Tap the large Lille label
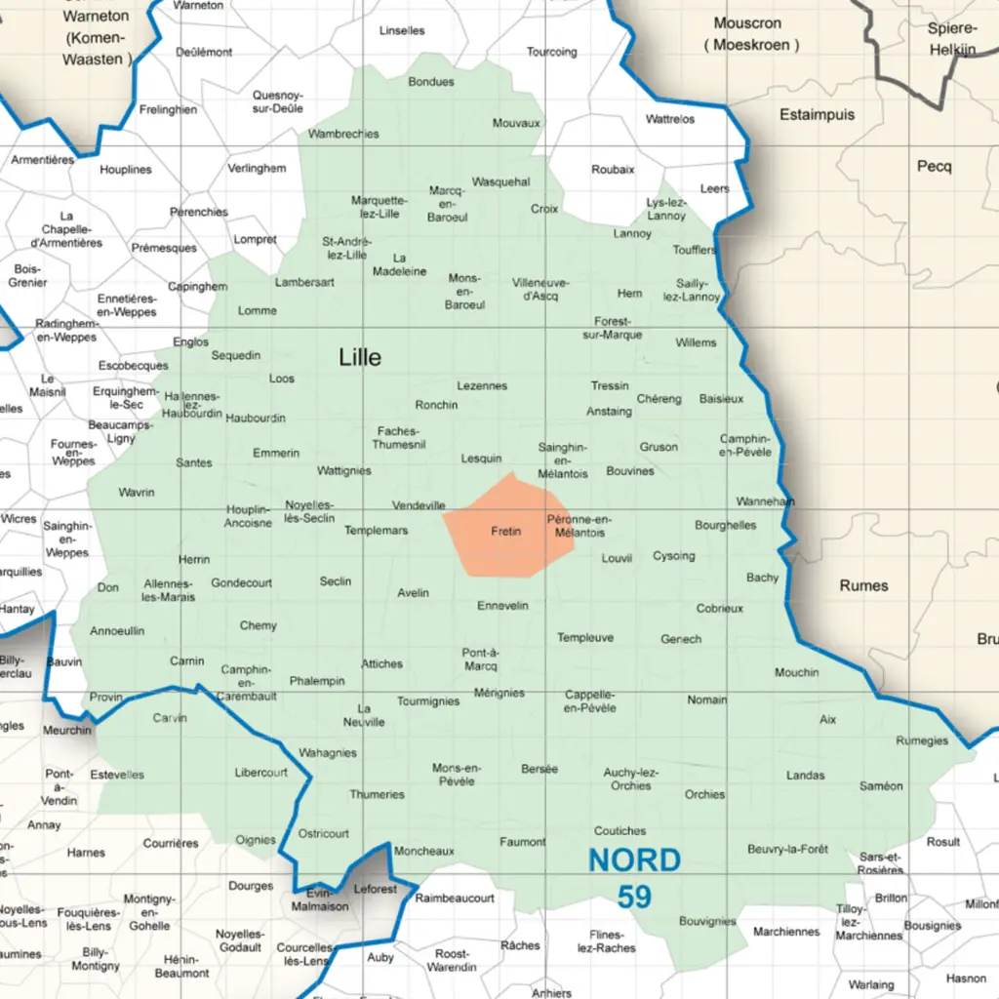tap(360, 357)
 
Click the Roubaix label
tap(613, 170)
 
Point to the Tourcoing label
tap(552, 52)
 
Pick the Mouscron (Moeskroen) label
tap(755, 34)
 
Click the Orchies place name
tap(704, 794)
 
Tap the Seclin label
tap(336, 581)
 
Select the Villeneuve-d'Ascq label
tap(540, 289)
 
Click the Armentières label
tap(43, 160)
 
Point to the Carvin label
tap(170, 718)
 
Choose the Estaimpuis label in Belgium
tap(817, 115)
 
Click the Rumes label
tap(863, 585)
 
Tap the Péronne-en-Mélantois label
tap(579, 526)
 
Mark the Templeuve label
tap(585, 638)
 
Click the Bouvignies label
tap(707, 921)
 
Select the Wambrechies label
tap(343, 134)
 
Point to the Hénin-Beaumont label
tap(181, 966)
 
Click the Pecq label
tap(934, 167)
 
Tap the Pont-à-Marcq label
tap(480, 659)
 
